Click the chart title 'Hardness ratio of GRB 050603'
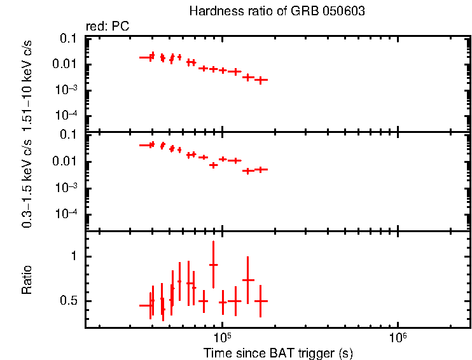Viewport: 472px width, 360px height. coord(277,12)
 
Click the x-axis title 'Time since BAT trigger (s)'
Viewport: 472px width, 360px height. coord(278,352)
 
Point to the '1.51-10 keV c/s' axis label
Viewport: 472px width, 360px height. coord(27,83)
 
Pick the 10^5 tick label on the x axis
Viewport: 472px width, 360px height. coord(222,337)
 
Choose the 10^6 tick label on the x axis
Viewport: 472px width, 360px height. coord(398,337)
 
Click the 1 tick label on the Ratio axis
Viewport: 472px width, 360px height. coord(76,256)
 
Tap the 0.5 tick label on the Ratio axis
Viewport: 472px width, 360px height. coord(72,301)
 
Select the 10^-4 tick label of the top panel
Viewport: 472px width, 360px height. coord(67,115)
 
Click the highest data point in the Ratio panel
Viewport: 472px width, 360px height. coord(214,265)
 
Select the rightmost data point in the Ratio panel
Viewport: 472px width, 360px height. coord(260,301)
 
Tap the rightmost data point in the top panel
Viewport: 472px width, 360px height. coord(261,80)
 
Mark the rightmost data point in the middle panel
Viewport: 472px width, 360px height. coord(260,169)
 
